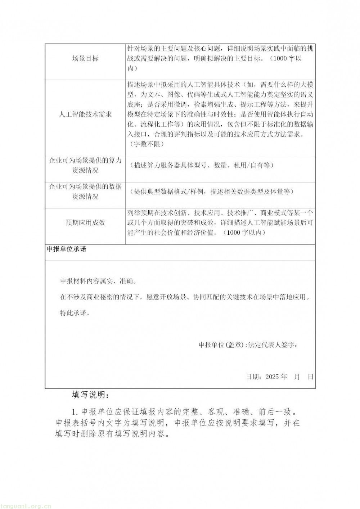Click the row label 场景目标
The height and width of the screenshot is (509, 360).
pos(85,59)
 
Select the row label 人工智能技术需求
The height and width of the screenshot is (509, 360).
pos(85,114)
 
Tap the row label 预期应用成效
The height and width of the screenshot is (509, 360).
pos(85,222)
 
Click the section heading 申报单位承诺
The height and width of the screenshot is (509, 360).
pos(67,249)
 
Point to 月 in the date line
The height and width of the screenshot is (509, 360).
pos(297,377)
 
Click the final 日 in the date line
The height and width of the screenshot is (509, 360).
pos(311,377)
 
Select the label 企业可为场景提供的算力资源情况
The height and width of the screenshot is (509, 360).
pos(85,165)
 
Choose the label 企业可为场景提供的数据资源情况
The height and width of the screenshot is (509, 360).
pos(85,192)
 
